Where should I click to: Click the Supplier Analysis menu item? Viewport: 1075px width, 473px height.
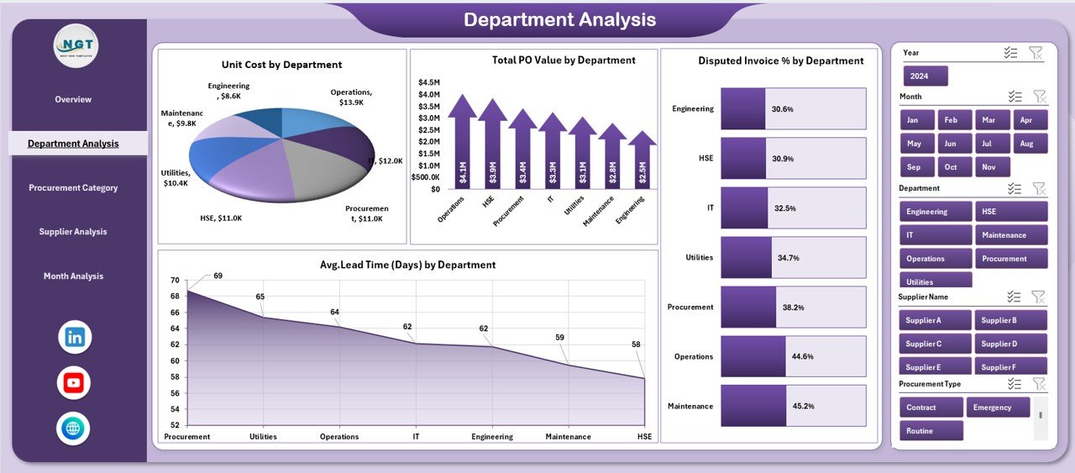pyautogui.click(x=73, y=232)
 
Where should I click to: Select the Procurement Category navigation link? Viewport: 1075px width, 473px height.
pyautogui.click(x=73, y=188)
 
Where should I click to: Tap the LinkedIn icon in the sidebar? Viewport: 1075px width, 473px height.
pyautogui.click(x=75, y=338)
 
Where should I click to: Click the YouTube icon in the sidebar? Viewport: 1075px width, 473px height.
pyautogui.click(x=74, y=383)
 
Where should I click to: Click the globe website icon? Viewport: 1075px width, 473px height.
pyautogui.click(x=74, y=428)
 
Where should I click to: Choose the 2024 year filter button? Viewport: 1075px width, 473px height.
pyautogui.click(x=925, y=76)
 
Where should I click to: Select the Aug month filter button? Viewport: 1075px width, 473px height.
pyautogui.click(x=1030, y=144)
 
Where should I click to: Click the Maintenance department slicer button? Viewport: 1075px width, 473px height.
pyautogui.click(x=1011, y=235)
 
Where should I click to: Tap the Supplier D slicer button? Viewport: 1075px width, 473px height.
pyautogui.click(x=1011, y=344)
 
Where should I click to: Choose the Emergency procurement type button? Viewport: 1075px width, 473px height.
pyautogui.click(x=999, y=407)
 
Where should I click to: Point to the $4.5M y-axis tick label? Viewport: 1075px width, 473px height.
pyautogui.click(x=428, y=82)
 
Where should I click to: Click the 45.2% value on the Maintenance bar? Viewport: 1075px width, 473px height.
pyautogui.click(x=805, y=407)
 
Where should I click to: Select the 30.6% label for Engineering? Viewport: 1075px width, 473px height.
pyautogui.click(x=782, y=109)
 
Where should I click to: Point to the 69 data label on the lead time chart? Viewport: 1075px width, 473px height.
pyautogui.click(x=218, y=276)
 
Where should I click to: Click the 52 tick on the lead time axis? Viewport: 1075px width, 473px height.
pyautogui.click(x=175, y=425)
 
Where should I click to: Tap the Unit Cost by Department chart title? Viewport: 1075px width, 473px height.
pyautogui.click(x=281, y=65)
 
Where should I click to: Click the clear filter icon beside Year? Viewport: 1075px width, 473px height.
pyautogui.click(x=1036, y=53)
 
